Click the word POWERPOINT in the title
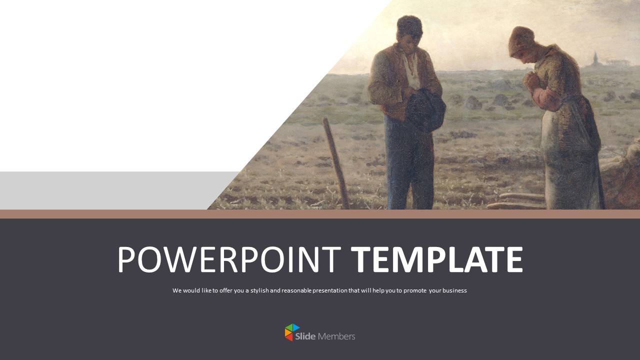[228, 260]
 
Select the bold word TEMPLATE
[436, 260]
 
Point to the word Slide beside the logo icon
[305, 336]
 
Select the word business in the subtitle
[454, 290]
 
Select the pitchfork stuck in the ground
[336, 162]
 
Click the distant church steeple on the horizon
[594, 58]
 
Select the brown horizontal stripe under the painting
[320, 214]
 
